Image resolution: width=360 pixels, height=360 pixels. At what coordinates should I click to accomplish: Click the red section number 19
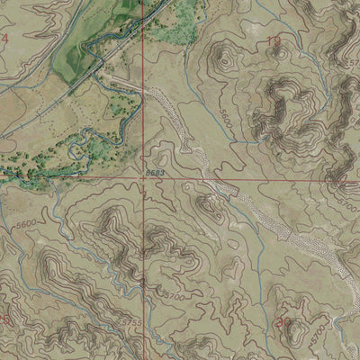click(x=273, y=41)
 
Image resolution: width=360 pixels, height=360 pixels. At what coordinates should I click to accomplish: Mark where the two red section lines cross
click(x=141, y=178)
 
